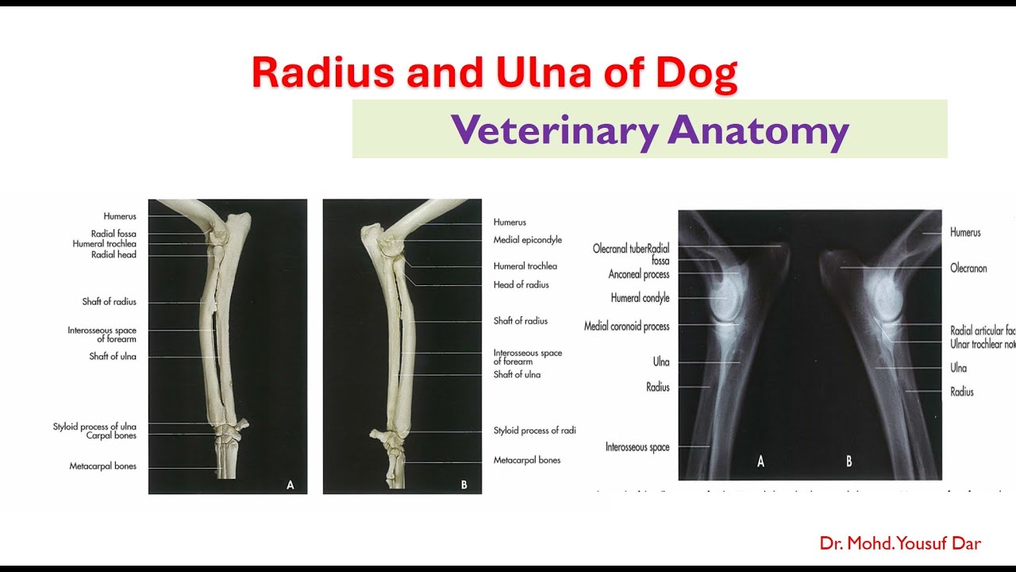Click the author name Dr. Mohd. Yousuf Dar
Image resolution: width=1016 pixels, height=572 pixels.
(900, 544)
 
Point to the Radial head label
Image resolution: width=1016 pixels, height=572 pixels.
(114, 255)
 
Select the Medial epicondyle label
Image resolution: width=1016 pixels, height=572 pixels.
(527, 240)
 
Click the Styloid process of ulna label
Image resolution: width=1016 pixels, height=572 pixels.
(94, 427)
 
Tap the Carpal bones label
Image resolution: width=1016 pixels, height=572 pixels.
(111, 436)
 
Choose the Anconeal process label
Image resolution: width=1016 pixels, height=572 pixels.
(639, 275)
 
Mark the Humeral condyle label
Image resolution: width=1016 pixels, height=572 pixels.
(640, 299)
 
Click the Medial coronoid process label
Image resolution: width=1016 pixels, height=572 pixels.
(626, 327)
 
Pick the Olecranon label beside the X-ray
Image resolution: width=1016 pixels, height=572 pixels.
(968, 269)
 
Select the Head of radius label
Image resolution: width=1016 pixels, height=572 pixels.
(521, 285)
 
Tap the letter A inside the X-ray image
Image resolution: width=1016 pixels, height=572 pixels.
(760, 462)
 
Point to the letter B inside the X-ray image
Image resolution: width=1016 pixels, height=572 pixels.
(849, 462)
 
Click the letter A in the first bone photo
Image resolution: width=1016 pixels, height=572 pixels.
(290, 484)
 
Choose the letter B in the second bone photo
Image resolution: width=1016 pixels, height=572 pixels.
(464, 484)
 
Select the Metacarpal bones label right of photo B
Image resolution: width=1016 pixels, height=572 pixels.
(526, 461)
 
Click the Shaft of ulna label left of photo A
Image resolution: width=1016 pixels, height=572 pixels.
(112, 357)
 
